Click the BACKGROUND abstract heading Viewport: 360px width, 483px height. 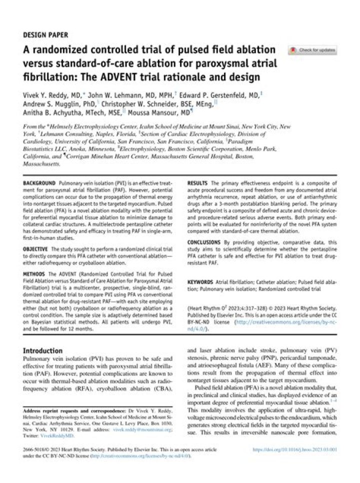tap(39, 184)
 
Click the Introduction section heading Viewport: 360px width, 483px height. tap(43, 350)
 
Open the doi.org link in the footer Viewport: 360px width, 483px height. tap(295, 450)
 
